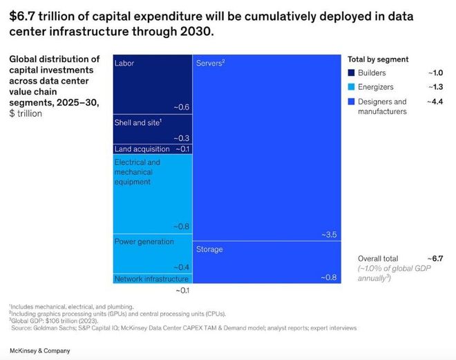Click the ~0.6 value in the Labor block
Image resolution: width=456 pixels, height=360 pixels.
point(182,107)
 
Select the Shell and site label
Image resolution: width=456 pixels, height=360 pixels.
point(137,122)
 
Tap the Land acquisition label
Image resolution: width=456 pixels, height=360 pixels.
point(142,149)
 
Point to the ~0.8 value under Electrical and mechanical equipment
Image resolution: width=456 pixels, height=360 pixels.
point(181,226)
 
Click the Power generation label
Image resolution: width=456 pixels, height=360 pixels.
point(144,242)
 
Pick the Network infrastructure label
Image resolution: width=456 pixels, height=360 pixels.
point(151,278)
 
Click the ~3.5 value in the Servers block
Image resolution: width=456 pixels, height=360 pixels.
point(329,235)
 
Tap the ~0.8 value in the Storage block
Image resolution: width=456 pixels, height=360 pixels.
point(329,277)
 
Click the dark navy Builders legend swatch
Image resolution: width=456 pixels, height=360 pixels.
point(351,73)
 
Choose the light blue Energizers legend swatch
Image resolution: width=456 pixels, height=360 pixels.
point(351,87)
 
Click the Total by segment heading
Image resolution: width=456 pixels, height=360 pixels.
point(378,59)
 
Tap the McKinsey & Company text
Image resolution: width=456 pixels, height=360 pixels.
point(39,351)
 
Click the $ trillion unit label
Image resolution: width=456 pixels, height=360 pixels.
point(26,113)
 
